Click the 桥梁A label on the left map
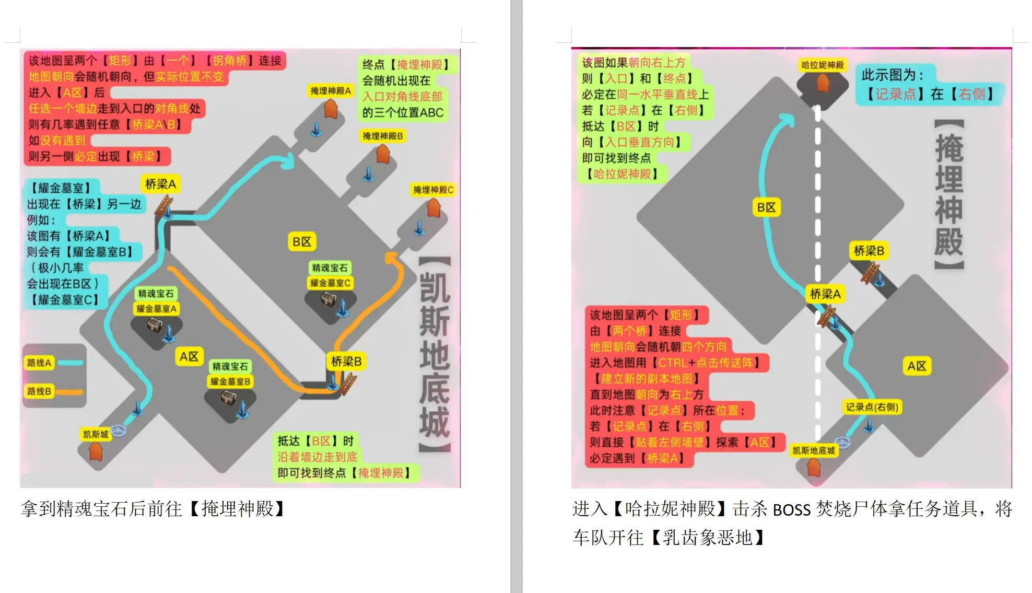(161, 184)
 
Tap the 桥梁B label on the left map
(346, 361)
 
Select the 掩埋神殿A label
(331, 91)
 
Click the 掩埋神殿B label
(383, 136)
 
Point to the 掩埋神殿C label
(433, 190)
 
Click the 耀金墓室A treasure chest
(155, 325)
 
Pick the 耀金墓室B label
(230, 381)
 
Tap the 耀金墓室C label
(330, 283)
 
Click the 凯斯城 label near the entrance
(96, 434)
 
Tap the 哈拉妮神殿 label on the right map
(823, 65)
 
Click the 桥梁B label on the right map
(869, 251)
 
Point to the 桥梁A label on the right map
(825, 294)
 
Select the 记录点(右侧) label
(872, 407)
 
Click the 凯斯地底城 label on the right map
(814, 450)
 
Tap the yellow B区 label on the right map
(767, 207)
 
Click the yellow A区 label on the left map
(189, 356)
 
